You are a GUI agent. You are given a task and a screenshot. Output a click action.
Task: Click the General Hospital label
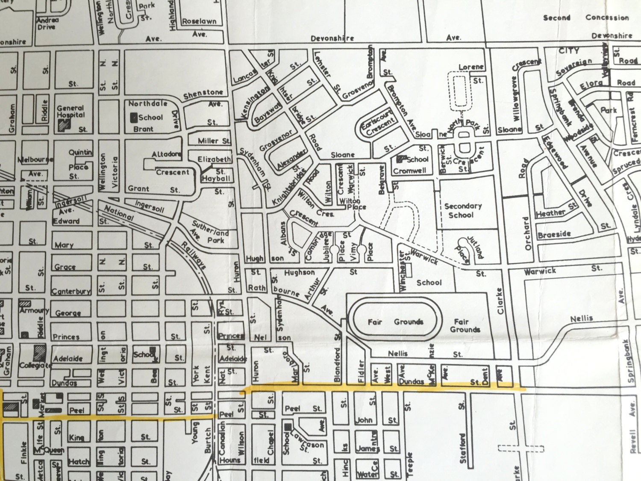71,112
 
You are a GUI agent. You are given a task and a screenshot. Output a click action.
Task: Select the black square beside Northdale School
133,117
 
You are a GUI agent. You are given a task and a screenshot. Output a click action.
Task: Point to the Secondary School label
462,210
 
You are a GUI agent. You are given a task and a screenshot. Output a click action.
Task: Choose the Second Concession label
585,18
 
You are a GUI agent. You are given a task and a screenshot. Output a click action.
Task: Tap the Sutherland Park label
210,232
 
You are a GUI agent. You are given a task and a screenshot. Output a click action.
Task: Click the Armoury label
34,310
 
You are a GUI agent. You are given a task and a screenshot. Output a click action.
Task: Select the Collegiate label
35,365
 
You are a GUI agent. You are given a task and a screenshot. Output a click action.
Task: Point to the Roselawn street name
199,21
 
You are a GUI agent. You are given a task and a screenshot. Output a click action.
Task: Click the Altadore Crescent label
169,163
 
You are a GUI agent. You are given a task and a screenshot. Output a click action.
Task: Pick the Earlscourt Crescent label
379,124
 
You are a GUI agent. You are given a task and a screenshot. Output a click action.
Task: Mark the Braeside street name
554,234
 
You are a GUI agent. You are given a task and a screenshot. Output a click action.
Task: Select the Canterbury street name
71,292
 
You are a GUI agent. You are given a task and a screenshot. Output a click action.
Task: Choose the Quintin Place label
79,164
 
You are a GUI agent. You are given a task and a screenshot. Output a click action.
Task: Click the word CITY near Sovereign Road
569,50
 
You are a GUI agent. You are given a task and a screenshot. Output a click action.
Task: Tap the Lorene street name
471,67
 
